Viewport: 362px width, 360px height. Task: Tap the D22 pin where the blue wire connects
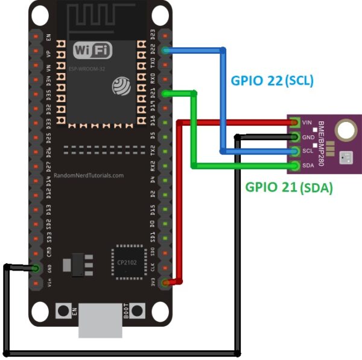165,51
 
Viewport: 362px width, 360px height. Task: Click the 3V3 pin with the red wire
165,282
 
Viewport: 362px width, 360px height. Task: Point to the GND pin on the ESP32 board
36,268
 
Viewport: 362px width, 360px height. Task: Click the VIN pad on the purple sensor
295,122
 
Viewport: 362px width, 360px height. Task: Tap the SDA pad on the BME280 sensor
295,166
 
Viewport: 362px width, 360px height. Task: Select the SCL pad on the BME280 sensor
295,151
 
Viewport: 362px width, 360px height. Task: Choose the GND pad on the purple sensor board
295,137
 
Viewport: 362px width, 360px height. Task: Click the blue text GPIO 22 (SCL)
273,80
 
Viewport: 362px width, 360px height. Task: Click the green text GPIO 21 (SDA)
288,187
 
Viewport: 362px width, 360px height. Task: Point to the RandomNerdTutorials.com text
89,175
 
